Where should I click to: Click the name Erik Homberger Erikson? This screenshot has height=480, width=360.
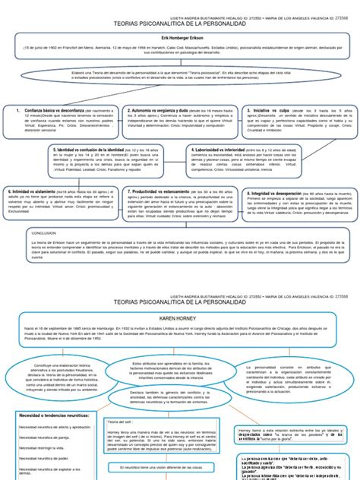tap(180, 37)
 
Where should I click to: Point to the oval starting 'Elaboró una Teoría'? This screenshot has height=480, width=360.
tap(180, 77)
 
